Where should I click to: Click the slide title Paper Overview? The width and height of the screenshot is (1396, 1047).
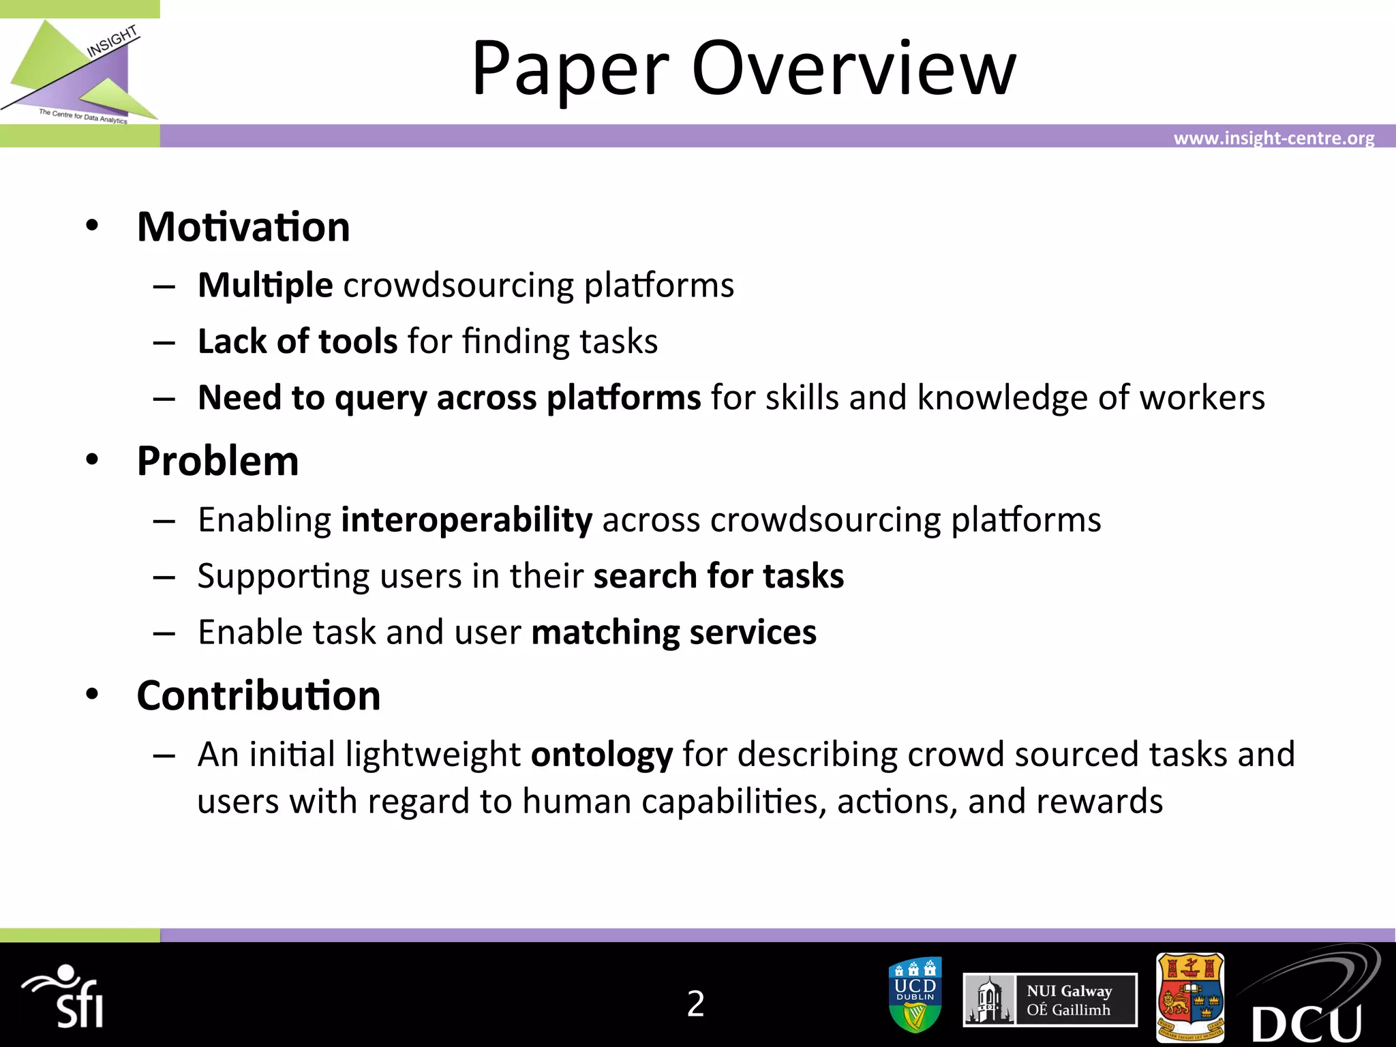tap(744, 68)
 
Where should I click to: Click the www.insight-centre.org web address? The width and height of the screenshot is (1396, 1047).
tap(1273, 138)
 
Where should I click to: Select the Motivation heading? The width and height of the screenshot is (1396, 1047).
tap(243, 227)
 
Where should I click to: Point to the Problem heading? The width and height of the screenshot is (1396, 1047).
tap(217, 461)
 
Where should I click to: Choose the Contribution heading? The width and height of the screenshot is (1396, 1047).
tap(258, 696)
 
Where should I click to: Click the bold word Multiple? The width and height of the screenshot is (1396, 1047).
tap(265, 285)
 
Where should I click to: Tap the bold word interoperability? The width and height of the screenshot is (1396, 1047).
tap(467, 520)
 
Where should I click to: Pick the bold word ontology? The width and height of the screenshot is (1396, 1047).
tap(602, 755)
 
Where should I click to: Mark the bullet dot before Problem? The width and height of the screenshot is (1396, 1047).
tap(92, 460)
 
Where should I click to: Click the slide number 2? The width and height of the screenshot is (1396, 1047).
tap(695, 1003)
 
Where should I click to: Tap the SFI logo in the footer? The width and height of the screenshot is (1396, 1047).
tap(65, 997)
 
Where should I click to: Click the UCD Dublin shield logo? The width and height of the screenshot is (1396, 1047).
tap(915, 995)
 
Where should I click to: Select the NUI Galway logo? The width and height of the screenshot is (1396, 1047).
tap(1050, 1000)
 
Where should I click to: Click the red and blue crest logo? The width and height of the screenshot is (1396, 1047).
tap(1190, 998)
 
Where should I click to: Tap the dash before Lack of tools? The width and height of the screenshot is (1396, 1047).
tap(164, 342)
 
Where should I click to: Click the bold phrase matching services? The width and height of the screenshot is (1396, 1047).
tap(673, 633)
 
